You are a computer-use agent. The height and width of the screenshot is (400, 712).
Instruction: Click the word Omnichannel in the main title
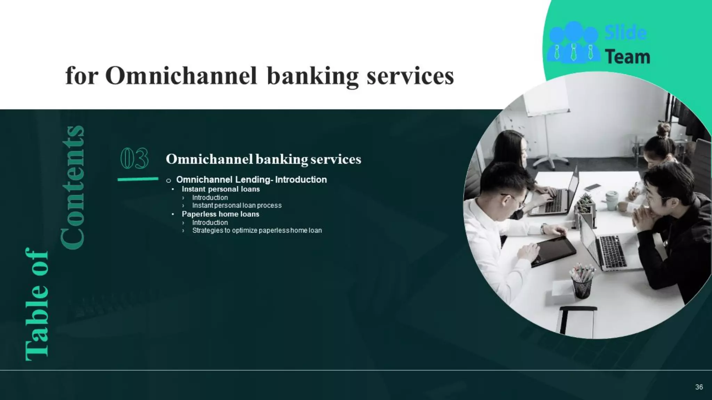coord(181,76)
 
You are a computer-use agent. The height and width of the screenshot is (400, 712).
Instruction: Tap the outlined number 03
coord(134,159)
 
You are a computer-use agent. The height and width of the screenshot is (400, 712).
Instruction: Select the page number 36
coord(699,387)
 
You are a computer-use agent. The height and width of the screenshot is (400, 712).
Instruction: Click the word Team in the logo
coord(628,57)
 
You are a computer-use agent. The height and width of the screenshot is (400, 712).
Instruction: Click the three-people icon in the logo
coord(573,42)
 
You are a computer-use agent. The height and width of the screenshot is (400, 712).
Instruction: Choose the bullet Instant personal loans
coord(220,189)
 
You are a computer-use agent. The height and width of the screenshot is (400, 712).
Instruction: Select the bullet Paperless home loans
coord(220,214)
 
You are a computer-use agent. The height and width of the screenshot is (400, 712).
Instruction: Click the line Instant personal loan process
coord(237,206)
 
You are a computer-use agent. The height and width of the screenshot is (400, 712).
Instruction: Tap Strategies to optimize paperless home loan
coord(257,231)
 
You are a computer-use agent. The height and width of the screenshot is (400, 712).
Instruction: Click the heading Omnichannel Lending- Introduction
coord(251,180)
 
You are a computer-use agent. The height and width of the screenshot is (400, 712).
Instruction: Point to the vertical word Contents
coord(73,187)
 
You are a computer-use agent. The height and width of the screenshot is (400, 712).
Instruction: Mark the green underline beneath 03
coord(138,179)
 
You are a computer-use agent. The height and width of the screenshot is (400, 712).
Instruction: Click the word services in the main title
coord(410,76)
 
